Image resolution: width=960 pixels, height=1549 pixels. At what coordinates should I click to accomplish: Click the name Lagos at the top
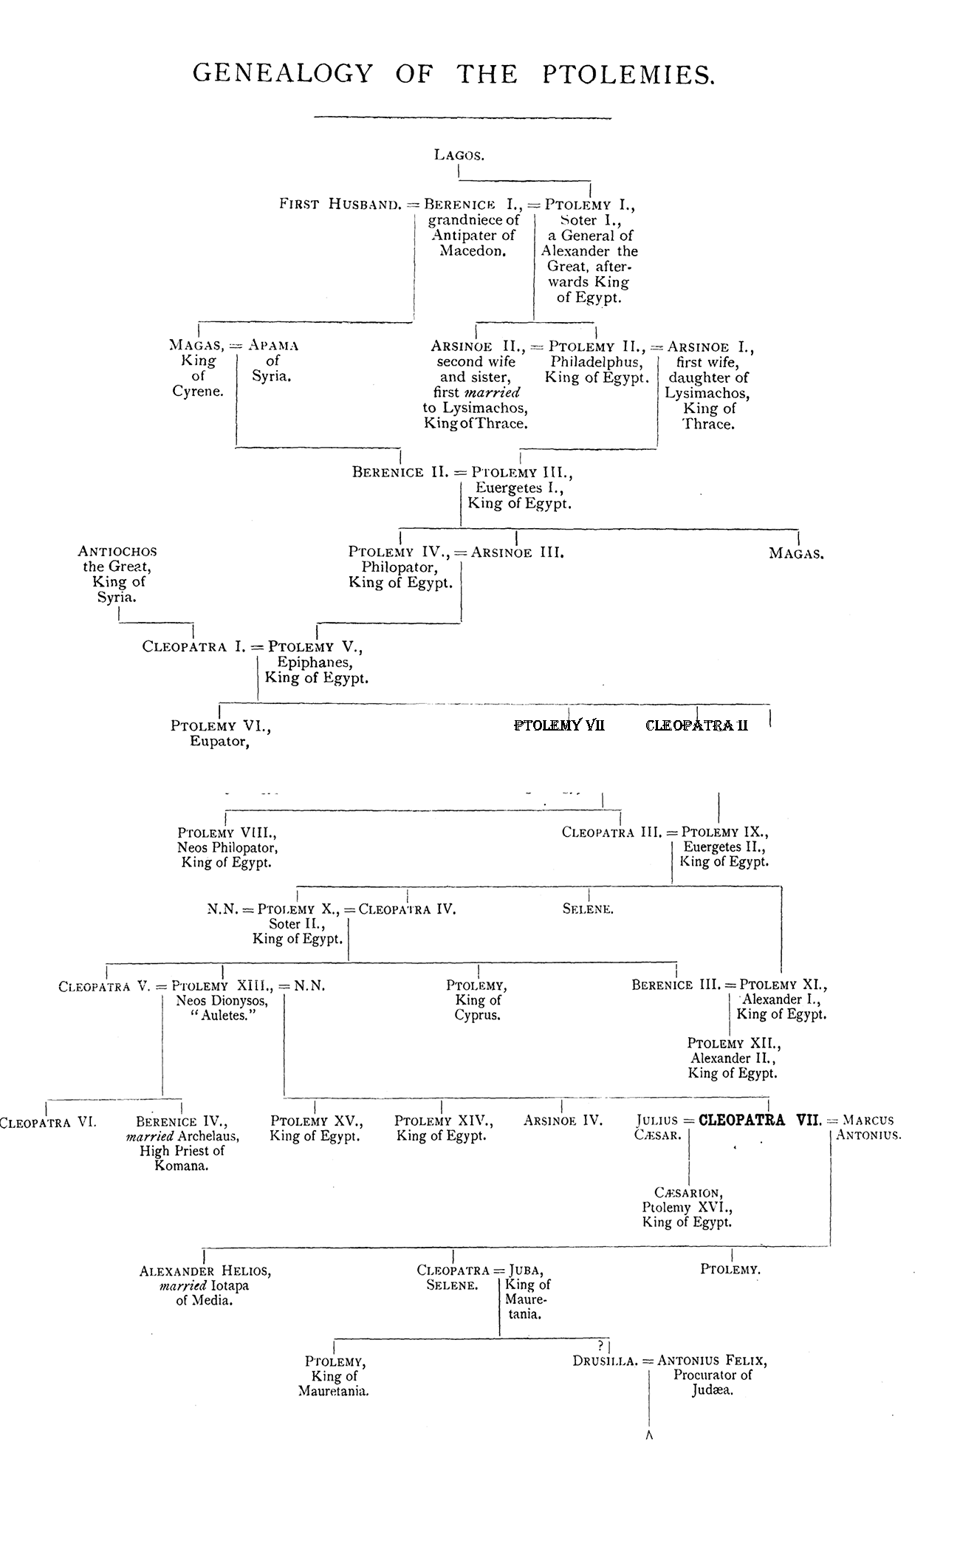pyautogui.click(x=459, y=155)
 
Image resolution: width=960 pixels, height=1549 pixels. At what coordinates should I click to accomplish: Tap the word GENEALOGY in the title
pyautogui.click(x=283, y=74)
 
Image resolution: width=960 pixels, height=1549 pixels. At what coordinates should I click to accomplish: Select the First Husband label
pyautogui.click(x=340, y=204)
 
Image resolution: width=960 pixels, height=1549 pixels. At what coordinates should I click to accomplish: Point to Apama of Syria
pyautogui.click(x=273, y=345)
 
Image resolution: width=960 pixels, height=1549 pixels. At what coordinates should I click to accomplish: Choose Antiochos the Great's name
pyautogui.click(x=117, y=551)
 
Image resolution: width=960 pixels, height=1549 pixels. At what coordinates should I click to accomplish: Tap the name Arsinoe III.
pyautogui.click(x=517, y=552)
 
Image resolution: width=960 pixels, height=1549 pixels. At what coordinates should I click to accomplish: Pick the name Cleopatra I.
pyautogui.click(x=194, y=646)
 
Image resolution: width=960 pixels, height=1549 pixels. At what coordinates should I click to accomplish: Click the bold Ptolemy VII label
pyautogui.click(x=559, y=725)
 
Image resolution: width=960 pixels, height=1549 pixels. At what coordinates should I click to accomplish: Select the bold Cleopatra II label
pyautogui.click(x=696, y=725)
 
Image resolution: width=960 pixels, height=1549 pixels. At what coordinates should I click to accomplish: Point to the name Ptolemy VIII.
pyautogui.click(x=227, y=832)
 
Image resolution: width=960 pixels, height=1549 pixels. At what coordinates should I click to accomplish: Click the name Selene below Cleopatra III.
pyautogui.click(x=588, y=909)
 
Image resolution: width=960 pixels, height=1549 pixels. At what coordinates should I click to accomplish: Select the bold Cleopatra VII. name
pyautogui.click(x=760, y=1120)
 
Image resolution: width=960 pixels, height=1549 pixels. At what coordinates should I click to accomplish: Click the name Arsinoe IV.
pyautogui.click(x=563, y=1121)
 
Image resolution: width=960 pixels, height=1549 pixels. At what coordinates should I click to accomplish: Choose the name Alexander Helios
pyautogui.click(x=205, y=1271)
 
